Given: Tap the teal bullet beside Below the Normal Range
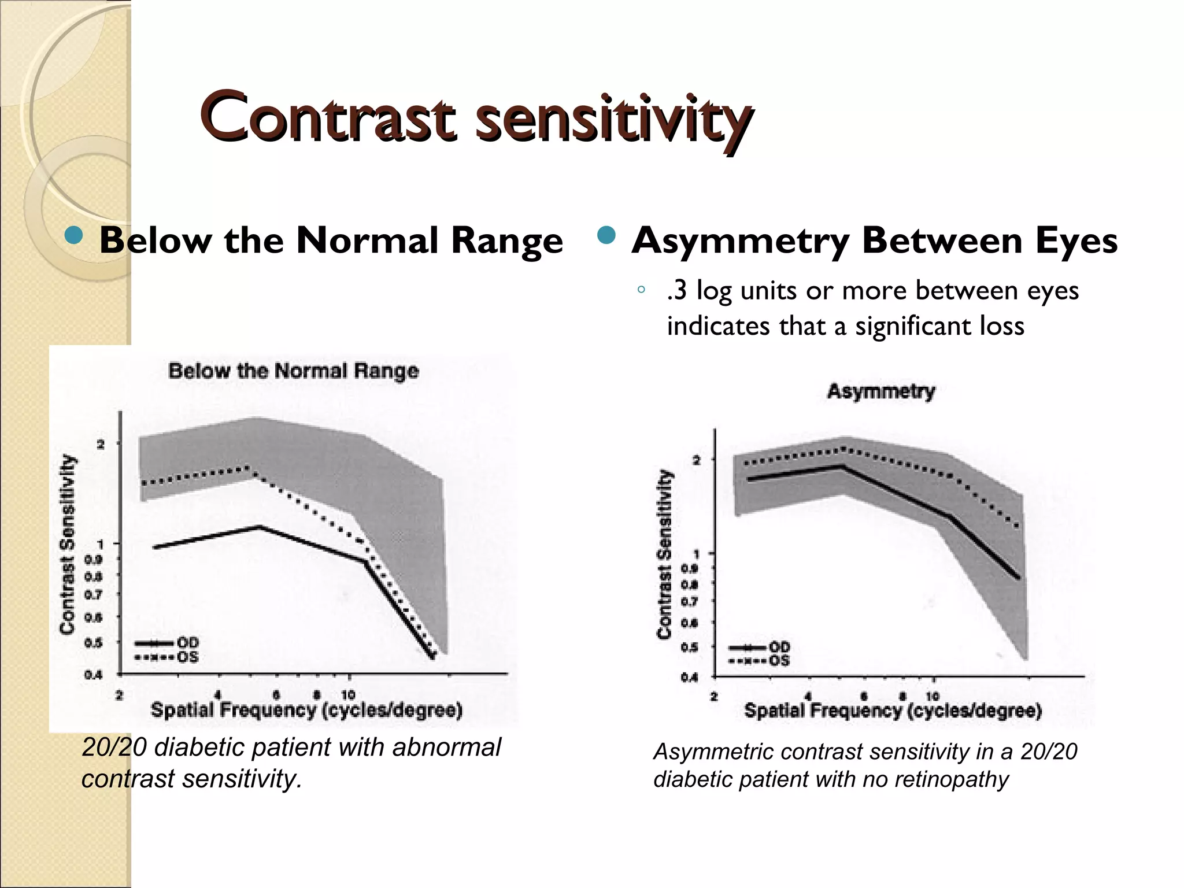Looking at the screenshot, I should (73, 236).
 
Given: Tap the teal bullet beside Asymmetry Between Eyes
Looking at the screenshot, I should (605, 236).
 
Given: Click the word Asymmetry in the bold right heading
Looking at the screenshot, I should (740, 240).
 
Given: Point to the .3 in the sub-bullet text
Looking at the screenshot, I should (676, 290).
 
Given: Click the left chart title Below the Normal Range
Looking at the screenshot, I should (293, 371).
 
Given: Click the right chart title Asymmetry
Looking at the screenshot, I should (880, 391).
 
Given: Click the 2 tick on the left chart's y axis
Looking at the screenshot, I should (101, 444).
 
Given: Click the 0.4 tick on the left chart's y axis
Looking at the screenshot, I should (94, 675).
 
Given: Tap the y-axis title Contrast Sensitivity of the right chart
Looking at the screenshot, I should (665, 554).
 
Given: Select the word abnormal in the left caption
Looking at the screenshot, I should (446, 747).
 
